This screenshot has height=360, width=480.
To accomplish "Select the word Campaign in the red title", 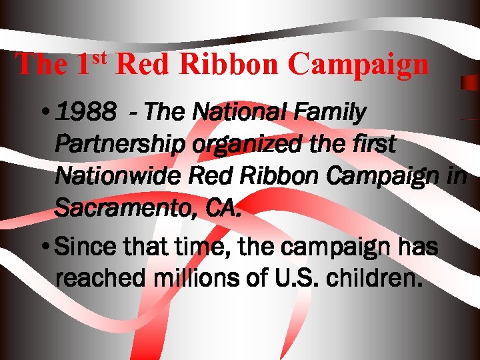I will (x=359, y=64).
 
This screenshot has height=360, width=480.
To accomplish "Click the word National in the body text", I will (x=234, y=114).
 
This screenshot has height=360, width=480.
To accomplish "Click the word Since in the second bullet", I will (x=82, y=247).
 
